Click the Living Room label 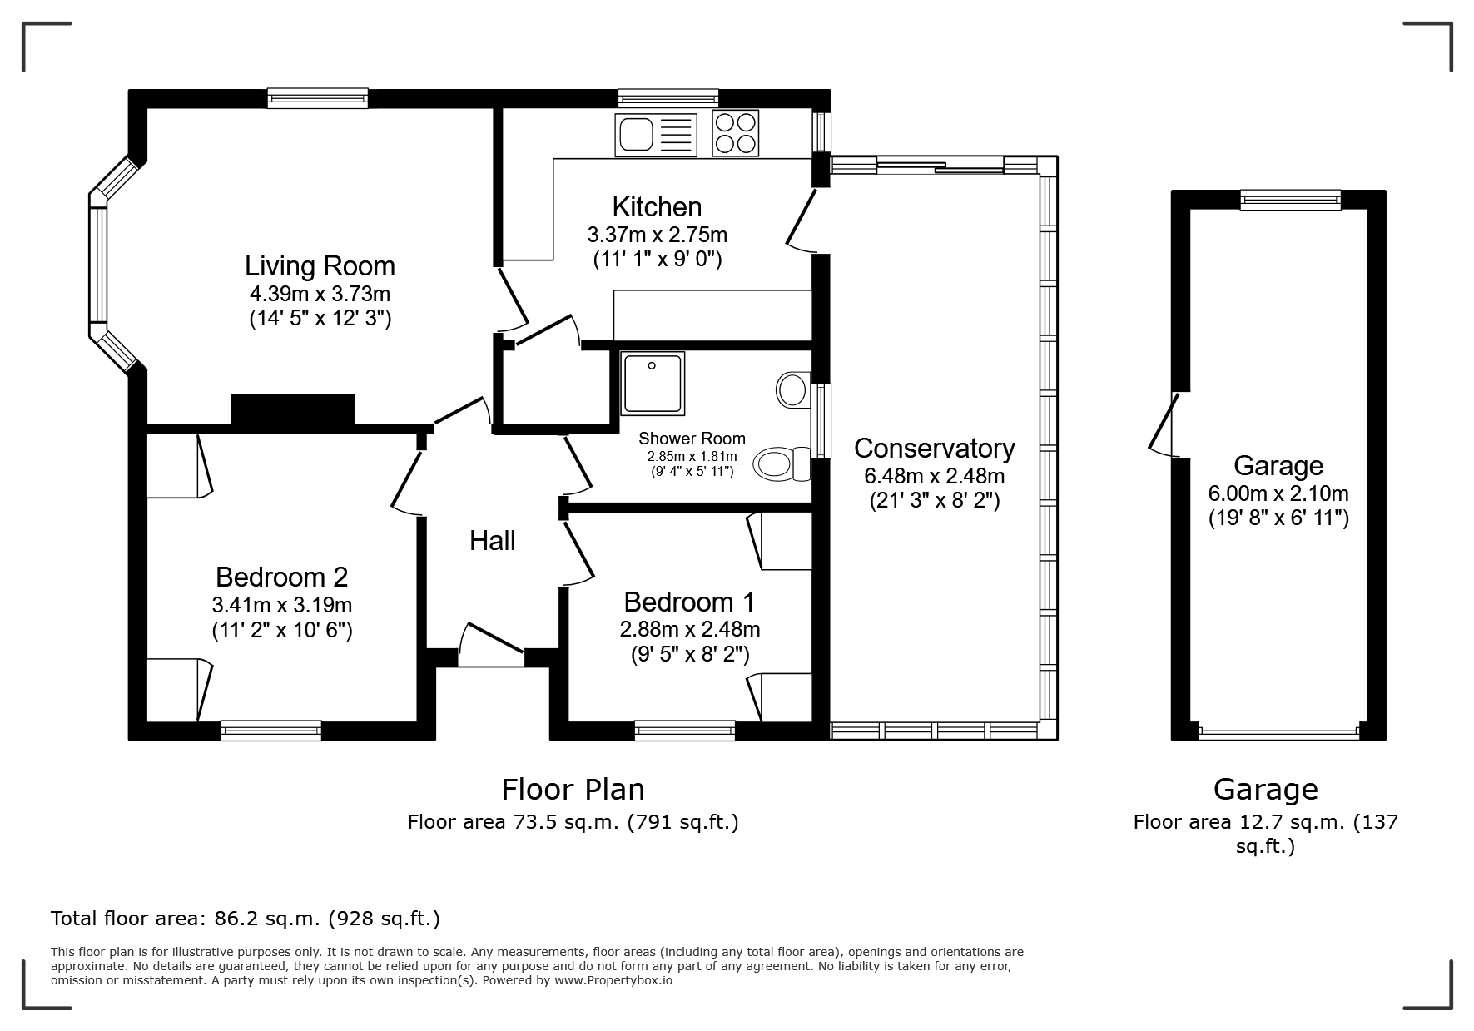point(320,266)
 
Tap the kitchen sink point(656,134)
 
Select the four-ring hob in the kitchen point(736,133)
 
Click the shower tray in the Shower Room point(653,383)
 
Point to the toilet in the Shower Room point(782,463)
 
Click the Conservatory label point(934,449)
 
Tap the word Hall point(492,541)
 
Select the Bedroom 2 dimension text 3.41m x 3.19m point(282,605)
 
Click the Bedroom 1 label point(689,602)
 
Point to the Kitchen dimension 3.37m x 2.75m point(658,235)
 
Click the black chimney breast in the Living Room point(292,410)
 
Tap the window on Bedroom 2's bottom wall point(271,731)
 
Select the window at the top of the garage point(1290,200)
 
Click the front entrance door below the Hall point(491,644)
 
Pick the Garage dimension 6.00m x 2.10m point(1278,493)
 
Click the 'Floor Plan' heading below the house point(573,789)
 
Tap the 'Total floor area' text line point(246,919)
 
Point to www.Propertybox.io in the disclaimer point(613,980)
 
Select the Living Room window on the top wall point(317,98)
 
